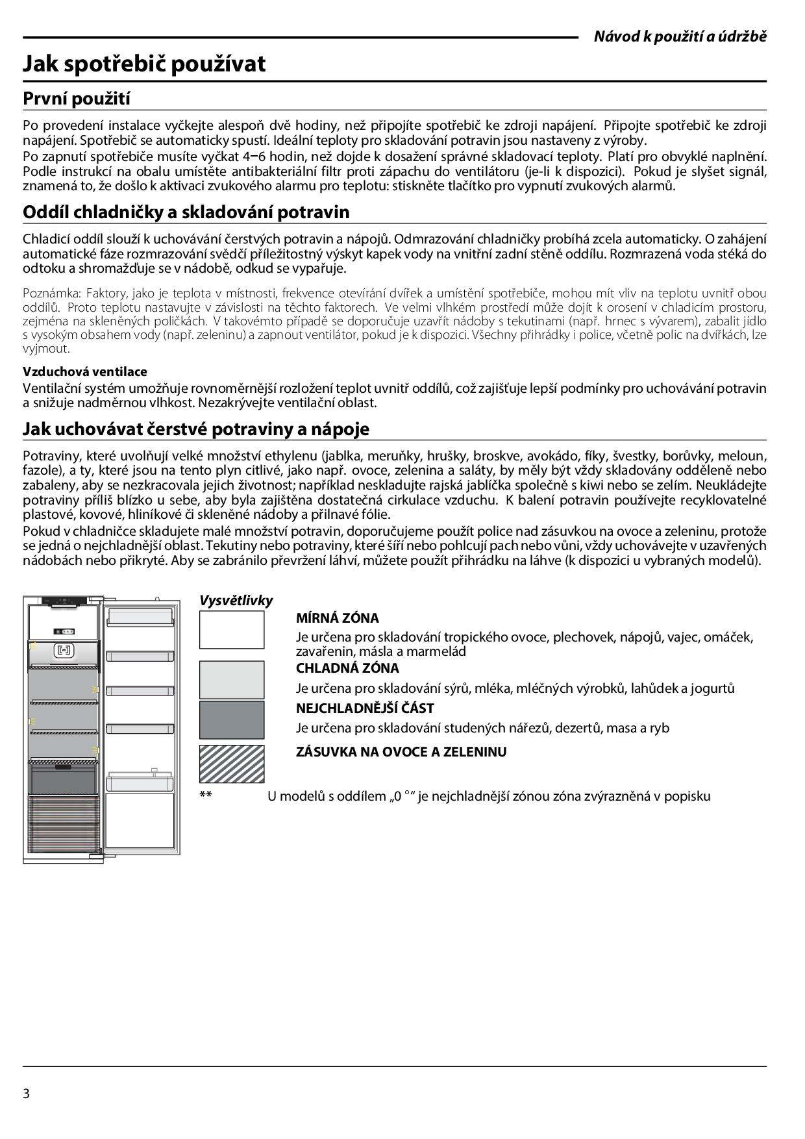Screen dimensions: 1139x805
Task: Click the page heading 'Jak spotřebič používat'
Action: pyautogui.click(x=144, y=64)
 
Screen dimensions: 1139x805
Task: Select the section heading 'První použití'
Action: pyautogui.click(x=77, y=99)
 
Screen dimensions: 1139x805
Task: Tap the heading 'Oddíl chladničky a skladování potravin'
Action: pyautogui.click(x=186, y=212)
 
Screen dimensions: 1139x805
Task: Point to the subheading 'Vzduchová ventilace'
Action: pyautogui.click(x=85, y=371)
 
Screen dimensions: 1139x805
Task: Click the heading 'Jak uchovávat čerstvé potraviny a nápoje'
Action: pyautogui.click(x=196, y=429)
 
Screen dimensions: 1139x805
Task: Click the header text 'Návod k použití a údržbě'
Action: pyautogui.click(x=680, y=36)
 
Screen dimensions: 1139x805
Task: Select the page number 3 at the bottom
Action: pyautogui.click(x=27, y=1094)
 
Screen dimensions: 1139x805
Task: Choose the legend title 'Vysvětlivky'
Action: pyautogui.click(x=236, y=601)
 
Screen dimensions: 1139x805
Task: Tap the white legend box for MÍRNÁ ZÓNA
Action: pyautogui.click(x=232, y=630)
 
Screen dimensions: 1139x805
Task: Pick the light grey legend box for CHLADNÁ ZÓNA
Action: pyautogui.click(x=232, y=679)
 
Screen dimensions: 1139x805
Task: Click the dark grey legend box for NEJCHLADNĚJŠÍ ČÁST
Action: pyautogui.click(x=232, y=720)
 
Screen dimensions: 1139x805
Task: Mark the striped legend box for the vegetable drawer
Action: pyautogui.click(x=232, y=764)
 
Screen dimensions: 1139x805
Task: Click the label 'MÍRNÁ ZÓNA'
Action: pyautogui.click(x=338, y=618)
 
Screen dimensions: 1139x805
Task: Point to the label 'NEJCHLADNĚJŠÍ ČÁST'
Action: pyautogui.click(x=365, y=708)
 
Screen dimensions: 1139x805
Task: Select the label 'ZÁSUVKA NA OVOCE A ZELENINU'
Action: pyautogui.click(x=401, y=752)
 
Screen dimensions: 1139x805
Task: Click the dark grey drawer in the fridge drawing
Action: pyautogui.click(x=64, y=779)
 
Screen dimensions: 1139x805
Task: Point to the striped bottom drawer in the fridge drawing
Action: pyautogui.click(x=64, y=825)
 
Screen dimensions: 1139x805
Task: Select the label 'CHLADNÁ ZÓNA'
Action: pyautogui.click(x=347, y=668)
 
